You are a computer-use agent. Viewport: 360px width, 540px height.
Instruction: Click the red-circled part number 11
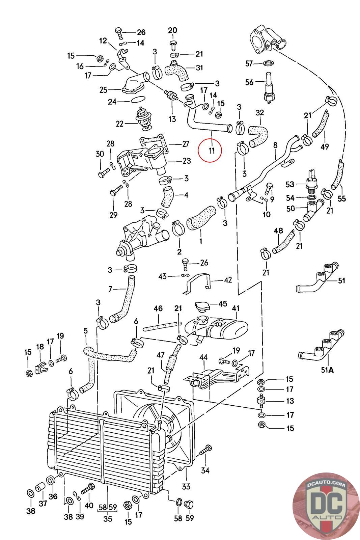tap(212, 151)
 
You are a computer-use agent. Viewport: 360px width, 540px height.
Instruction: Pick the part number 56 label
tap(249, 82)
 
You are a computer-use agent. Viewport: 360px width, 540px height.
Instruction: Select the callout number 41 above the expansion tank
tap(236, 308)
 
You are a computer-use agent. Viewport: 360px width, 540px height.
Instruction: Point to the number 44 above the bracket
tap(203, 357)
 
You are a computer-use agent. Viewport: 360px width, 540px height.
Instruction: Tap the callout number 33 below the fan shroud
tap(186, 486)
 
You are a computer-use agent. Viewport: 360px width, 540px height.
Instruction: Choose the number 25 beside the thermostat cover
tap(103, 90)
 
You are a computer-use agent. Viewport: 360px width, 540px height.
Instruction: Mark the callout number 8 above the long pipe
tap(275, 145)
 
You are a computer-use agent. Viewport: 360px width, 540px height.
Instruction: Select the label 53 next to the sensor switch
tap(290, 184)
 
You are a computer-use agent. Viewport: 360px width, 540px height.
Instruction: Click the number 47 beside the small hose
tap(161, 355)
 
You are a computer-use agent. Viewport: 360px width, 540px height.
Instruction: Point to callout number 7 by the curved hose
tap(110, 289)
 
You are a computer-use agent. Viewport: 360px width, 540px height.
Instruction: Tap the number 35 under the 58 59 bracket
tap(108, 519)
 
